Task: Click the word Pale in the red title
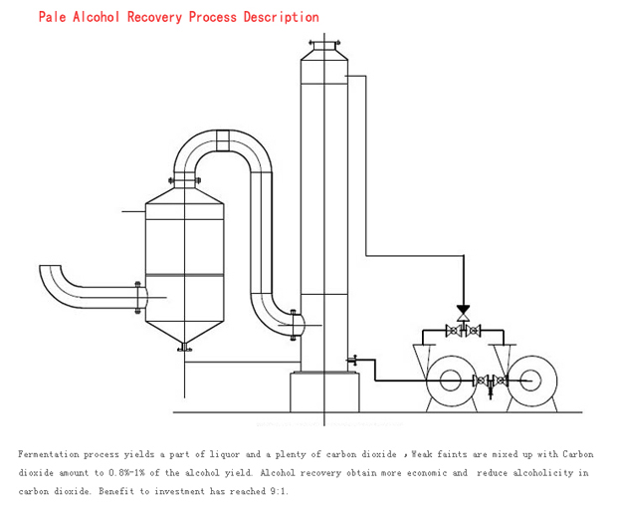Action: tap(52, 17)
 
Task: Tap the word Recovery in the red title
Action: tap(155, 17)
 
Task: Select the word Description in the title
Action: tap(281, 17)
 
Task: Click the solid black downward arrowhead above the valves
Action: tap(463, 311)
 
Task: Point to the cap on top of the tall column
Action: tap(324, 46)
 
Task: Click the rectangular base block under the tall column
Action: tap(324, 390)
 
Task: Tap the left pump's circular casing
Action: tap(451, 381)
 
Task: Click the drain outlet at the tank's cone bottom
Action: tap(183, 347)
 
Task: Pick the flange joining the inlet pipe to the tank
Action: tap(138, 298)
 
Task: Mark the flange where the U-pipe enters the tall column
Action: tap(295, 323)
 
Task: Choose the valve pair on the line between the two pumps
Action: tap(489, 381)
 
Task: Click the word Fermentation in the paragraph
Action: tap(49, 454)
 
